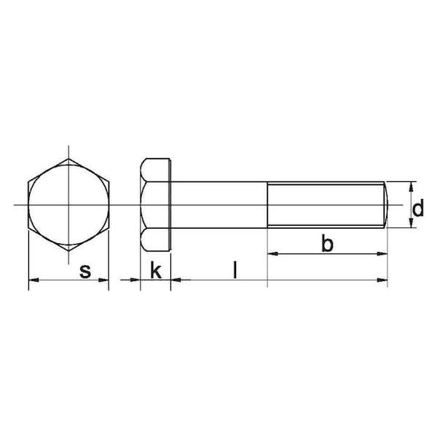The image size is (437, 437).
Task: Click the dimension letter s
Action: tap(85, 271)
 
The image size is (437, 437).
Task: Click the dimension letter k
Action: tap(156, 269)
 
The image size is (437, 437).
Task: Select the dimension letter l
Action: tap(235, 269)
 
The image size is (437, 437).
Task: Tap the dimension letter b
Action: tap(327, 243)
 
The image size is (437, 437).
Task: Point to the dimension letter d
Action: tap(418, 208)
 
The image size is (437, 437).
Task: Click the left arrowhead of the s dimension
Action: tap(34, 280)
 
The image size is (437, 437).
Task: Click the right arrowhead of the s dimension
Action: tap(103, 280)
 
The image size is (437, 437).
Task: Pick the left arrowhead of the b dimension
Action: tap(273, 253)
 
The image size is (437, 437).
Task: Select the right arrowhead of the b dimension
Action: tap(382, 253)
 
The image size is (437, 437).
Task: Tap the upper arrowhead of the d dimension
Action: tap(411, 187)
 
